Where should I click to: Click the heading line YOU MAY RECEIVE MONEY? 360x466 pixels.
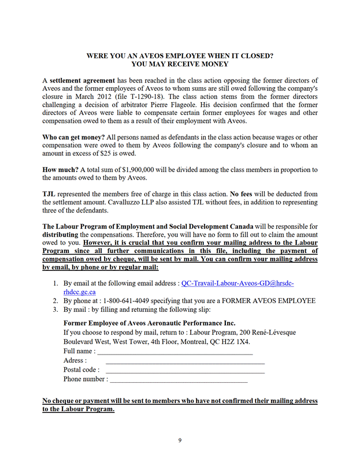[180, 65]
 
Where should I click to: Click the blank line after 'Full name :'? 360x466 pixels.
[175, 352]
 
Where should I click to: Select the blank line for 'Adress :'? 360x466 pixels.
[185, 361]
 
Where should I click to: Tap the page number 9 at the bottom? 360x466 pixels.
[180, 441]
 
